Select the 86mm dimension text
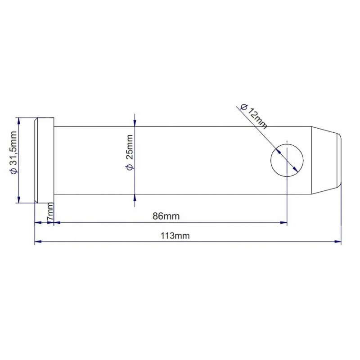coord(166,216)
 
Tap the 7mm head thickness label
coord(50,211)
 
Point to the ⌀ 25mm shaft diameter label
coord(130,152)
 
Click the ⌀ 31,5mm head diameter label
coord(13,153)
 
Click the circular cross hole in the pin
coord(287,160)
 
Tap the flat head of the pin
coord(45,160)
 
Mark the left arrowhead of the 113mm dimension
coord(38,242)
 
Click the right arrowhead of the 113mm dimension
coord(338,242)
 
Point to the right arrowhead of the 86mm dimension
coord(283,222)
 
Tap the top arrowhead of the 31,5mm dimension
coord(18,120)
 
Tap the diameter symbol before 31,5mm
coord(13,171)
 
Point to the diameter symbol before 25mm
coord(130,167)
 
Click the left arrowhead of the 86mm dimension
coord(57,222)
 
